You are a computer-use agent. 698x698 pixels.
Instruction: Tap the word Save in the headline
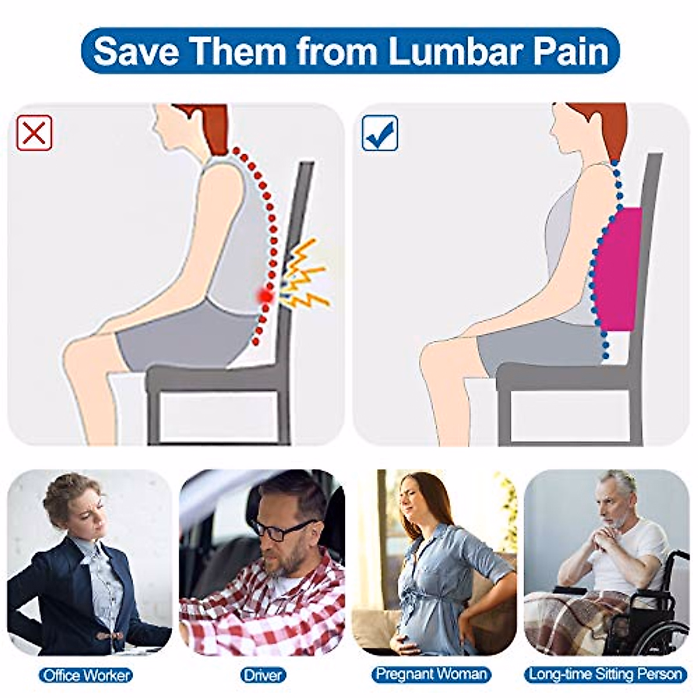[x=136, y=51]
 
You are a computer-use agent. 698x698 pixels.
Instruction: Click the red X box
[x=34, y=133]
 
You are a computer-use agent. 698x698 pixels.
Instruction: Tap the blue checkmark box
[x=380, y=133]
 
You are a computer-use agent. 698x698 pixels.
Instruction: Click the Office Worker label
[x=86, y=675]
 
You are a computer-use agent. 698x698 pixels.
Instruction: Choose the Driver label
[x=263, y=675]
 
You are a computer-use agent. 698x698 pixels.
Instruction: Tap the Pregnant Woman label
[x=431, y=674]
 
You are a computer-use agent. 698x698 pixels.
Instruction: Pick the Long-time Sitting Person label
[x=605, y=674]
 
